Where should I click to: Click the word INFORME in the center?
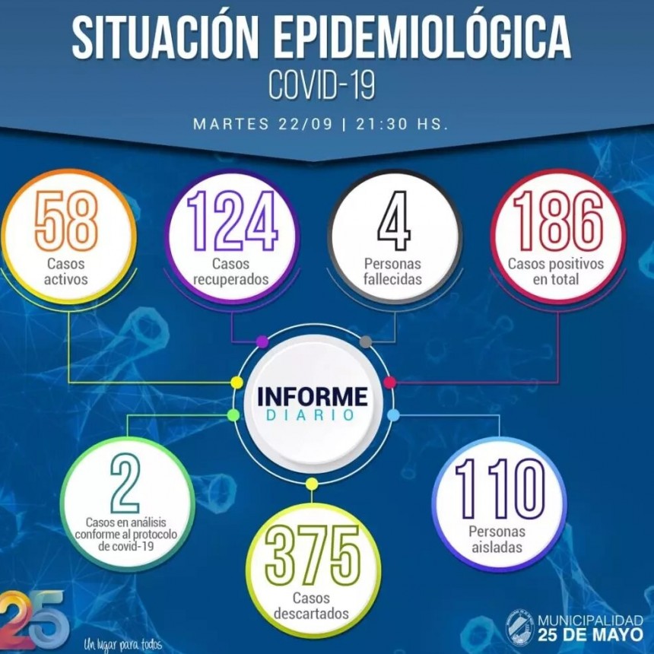point(312,396)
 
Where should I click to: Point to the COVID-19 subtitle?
point(322,84)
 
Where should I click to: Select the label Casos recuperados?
point(231,271)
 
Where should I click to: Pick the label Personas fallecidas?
point(394,271)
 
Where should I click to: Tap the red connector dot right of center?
point(390,381)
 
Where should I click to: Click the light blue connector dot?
point(393,414)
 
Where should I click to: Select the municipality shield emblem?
point(520,627)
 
